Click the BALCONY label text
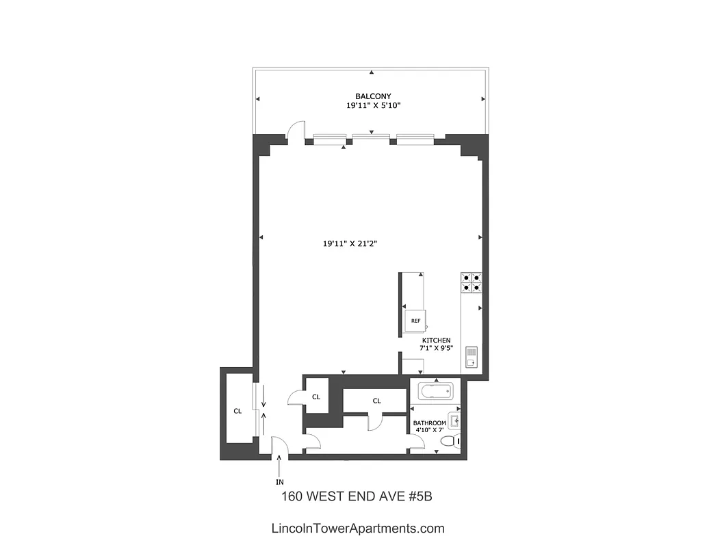click(x=373, y=96)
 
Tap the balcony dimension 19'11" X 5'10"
click(x=373, y=106)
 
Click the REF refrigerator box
click(x=415, y=320)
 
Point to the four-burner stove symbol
click(x=472, y=282)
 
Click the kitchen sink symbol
click(x=471, y=357)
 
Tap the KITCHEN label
click(x=436, y=340)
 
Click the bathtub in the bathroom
click(x=435, y=392)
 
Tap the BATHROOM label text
click(x=429, y=423)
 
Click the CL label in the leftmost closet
click(x=237, y=411)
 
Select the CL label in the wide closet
click(x=376, y=401)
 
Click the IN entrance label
click(x=279, y=481)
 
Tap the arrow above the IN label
click(x=279, y=467)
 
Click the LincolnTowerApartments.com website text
click(x=358, y=529)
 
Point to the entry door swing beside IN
click(x=281, y=446)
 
